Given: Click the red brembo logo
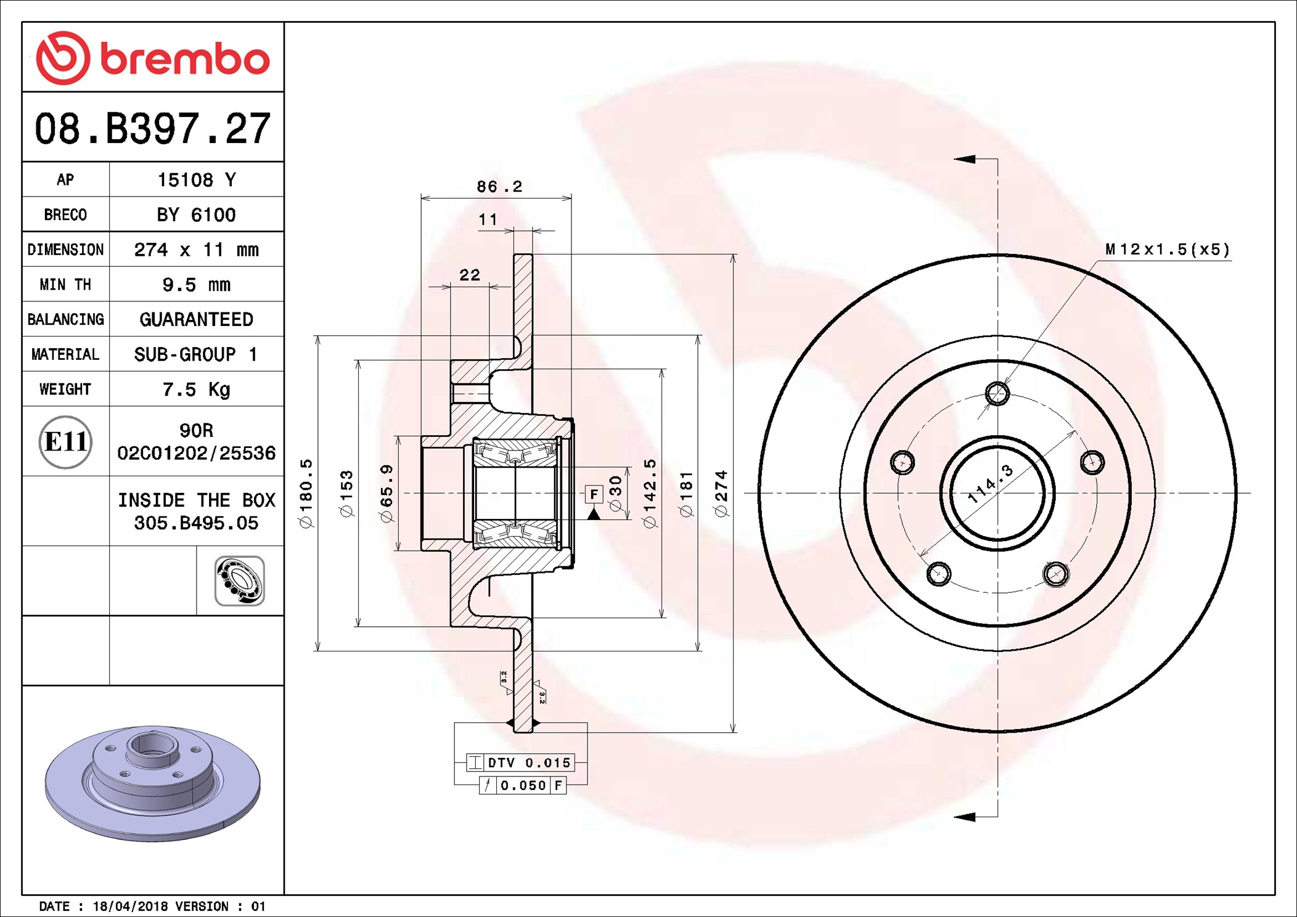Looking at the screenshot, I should (152, 58).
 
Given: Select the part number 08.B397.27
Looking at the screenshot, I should (152, 129).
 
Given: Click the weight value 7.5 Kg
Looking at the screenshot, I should (196, 389).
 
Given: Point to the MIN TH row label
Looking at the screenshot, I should (65, 285).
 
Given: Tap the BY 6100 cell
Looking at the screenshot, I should (196, 214).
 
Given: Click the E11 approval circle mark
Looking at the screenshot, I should (65, 442).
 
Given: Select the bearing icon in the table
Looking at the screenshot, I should (240, 581).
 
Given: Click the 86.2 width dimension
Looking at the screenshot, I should (499, 186).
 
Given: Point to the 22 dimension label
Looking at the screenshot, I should (470, 275).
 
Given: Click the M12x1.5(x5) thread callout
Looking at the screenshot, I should (1167, 250).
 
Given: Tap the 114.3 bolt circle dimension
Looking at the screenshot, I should (989, 484).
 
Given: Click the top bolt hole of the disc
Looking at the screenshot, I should (997, 393).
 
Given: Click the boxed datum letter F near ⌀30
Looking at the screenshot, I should (593, 494).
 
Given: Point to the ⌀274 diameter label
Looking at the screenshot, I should (721, 493).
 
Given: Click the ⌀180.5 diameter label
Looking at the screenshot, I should (306, 493).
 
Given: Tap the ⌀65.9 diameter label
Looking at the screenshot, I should (387, 493).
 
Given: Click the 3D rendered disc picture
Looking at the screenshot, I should (152, 783).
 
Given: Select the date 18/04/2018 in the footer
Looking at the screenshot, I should (130, 907).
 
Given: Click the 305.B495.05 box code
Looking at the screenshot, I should (196, 523).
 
